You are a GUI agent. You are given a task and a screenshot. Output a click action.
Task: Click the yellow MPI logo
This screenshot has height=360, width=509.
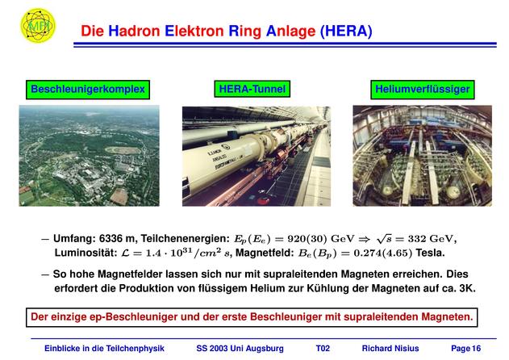coord(38,25)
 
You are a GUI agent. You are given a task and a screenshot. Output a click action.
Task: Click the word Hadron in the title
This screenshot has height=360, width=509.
coord(134,31)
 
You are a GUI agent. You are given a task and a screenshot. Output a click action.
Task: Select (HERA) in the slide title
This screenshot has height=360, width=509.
coord(346,31)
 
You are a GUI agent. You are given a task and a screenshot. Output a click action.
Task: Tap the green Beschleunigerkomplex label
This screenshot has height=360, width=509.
coord(88,90)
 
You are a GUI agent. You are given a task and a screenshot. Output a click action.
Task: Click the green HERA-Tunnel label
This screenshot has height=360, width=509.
coord(252,89)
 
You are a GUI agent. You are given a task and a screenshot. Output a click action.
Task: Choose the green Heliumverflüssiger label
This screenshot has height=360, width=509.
coord(423,90)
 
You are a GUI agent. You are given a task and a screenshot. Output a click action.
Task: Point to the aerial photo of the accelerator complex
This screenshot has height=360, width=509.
coord(90,156)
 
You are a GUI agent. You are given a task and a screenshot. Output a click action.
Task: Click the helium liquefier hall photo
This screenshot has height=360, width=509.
coord(423,156)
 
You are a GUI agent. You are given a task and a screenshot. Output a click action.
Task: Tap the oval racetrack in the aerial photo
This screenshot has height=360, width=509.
coord(123,150)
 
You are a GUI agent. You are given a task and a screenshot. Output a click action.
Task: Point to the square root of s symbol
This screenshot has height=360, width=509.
coord(384,239)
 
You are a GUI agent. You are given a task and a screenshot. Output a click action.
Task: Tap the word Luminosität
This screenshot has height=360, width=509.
coord(86,253)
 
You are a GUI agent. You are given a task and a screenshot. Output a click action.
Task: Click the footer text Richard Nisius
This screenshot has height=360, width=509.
coord(390,349)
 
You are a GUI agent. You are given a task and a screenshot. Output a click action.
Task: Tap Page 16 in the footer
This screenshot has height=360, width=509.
coord(465,349)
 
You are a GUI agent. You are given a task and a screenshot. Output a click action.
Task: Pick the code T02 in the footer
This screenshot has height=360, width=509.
coord(323,349)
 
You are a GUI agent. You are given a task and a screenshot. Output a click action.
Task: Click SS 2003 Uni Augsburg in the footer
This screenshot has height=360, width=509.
coord(240,349)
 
